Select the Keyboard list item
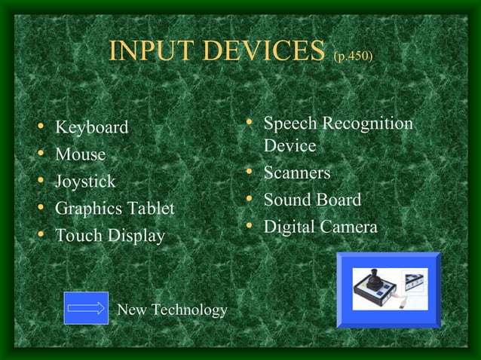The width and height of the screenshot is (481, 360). tap(91, 127)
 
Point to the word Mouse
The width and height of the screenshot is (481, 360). tap(80, 154)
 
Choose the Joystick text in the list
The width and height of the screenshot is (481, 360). tap(85, 182)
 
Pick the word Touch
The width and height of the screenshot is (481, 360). tap(78, 236)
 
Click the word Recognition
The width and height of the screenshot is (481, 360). tap(369, 124)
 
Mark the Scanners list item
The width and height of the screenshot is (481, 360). tap(297, 173)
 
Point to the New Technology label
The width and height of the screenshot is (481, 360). tap(172, 310)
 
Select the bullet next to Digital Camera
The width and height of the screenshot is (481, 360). tap(250, 227)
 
